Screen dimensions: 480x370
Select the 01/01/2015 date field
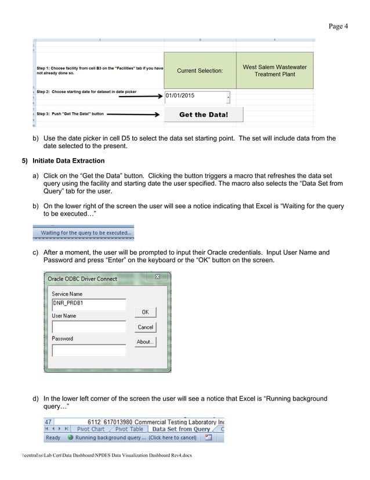tap(196, 95)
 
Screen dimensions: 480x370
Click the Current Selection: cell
tap(199, 71)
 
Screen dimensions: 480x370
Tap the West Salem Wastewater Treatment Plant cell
tap(274, 71)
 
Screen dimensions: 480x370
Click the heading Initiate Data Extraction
tap(68, 160)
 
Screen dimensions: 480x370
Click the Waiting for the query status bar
tap(86, 233)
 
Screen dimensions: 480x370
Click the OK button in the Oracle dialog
tap(145, 312)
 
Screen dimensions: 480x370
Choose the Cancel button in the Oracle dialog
tap(145, 327)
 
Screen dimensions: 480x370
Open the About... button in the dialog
tap(145, 342)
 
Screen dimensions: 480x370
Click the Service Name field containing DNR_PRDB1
tap(88, 304)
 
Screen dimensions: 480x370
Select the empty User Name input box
tap(88, 327)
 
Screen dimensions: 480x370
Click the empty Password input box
tap(88, 350)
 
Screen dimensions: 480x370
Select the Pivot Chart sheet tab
tap(90, 429)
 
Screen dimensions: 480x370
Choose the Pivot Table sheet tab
tap(129, 429)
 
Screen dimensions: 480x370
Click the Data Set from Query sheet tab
tap(181, 429)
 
